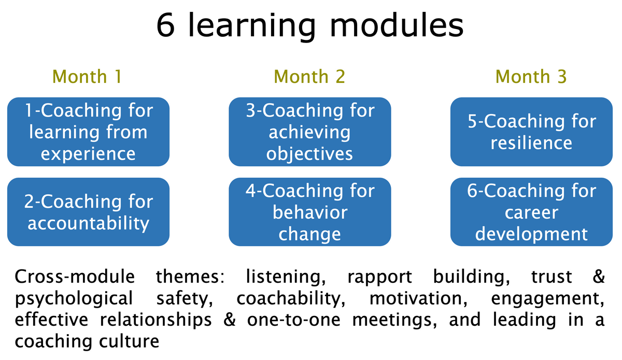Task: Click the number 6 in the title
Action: [166, 25]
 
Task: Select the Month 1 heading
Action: [87, 76]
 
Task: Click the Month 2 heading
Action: [309, 76]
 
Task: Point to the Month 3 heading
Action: [531, 76]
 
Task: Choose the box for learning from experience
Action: [88, 132]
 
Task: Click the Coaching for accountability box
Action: [88, 212]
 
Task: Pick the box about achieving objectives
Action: [310, 132]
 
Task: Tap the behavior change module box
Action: [310, 212]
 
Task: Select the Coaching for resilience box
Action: [531, 132]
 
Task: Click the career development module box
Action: [531, 212]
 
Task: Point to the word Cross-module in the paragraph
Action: [75, 277]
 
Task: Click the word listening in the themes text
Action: [286, 278]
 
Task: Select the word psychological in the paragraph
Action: [74, 299]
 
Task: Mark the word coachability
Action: [291, 299]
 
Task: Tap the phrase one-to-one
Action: [294, 320]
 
